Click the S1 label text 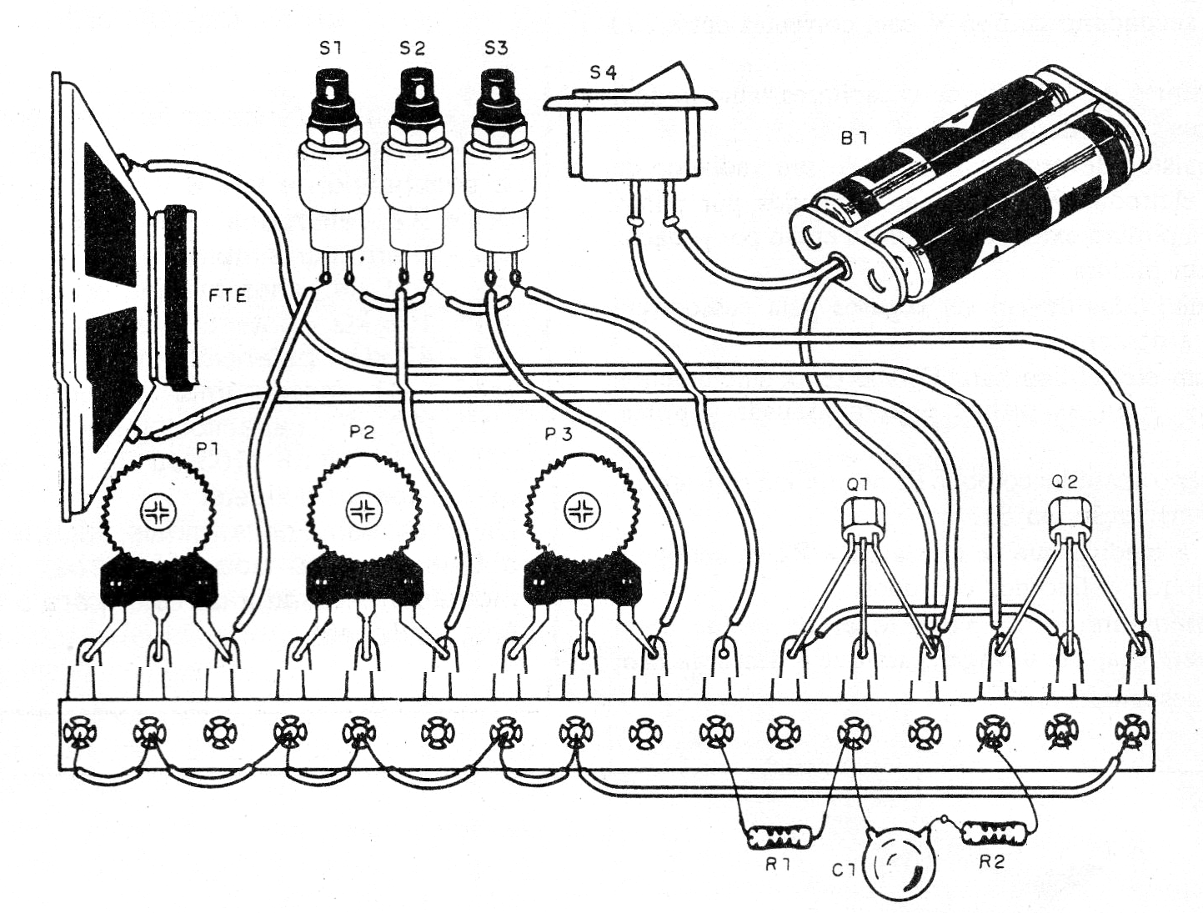click(x=330, y=49)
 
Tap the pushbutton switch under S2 click(x=412, y=158)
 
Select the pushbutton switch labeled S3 click(x=498, y=158)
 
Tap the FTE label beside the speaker click(x=228, y=294)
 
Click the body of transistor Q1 click(x=861, y=519)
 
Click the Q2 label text click(x=1065, y=482)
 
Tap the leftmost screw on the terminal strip click(x=78, y=732)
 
